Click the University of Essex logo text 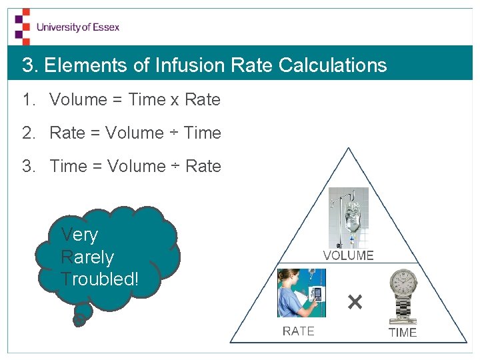pos(78,27)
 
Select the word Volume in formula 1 pos(78,100)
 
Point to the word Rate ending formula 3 pos(203,166)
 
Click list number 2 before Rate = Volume pos(27,133)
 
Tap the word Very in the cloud pos(79,235)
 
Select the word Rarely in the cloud pos(87,257)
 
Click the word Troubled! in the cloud pos(100,279)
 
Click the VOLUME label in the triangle pos(348,255)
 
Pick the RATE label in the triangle pos(298,331)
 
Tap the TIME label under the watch pos(402,332)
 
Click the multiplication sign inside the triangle pos(355,303)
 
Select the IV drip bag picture pos(348,217)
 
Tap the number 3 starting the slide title pos(27,65)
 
